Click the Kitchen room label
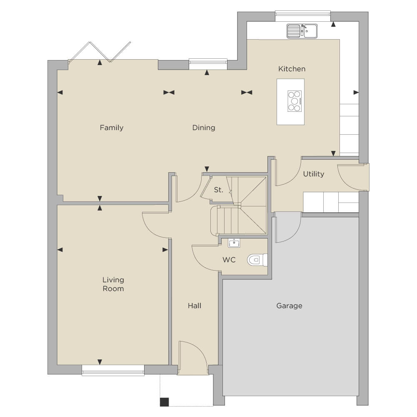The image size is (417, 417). coord(292,69)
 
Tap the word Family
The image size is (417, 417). coord(111,128)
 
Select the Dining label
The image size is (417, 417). coord(204,128)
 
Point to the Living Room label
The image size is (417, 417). coord(113,284)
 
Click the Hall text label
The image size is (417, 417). coord(195,306)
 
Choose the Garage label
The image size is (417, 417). coord(290,306)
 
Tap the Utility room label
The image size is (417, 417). coord(314,174)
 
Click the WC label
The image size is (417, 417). coord(229,260)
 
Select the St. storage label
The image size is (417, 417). coord(218,190)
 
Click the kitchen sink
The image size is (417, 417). coord(302,31)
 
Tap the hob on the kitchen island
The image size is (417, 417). coord(295,101)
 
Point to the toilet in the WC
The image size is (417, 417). coord(257,260)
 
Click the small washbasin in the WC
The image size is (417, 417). coord(234,243)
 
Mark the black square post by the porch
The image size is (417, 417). coord(165,402)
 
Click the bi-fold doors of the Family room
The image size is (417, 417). coord(100,53)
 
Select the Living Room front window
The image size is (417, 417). coord(113,370)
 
